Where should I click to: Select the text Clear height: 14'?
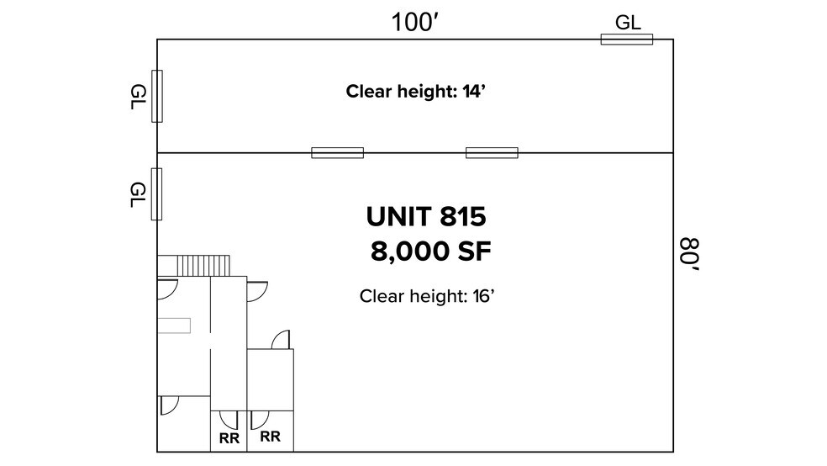pos(417,91)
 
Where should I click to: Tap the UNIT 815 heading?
pos(426,217)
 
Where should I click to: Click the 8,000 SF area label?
pos(430,251)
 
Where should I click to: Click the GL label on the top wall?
pos(628,23)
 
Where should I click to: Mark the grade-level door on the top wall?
pos(626,39)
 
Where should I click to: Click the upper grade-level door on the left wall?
pos(157,97)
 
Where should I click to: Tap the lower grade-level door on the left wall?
pos(157,194)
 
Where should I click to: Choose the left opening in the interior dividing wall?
pos(337,152)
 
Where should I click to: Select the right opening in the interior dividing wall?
pos(492,152)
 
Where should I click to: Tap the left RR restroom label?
pos(229,437)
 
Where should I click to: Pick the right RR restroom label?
pos(270,437)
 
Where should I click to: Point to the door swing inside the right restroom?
pos(259,418)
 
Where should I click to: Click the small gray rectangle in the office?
pos(175,325)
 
